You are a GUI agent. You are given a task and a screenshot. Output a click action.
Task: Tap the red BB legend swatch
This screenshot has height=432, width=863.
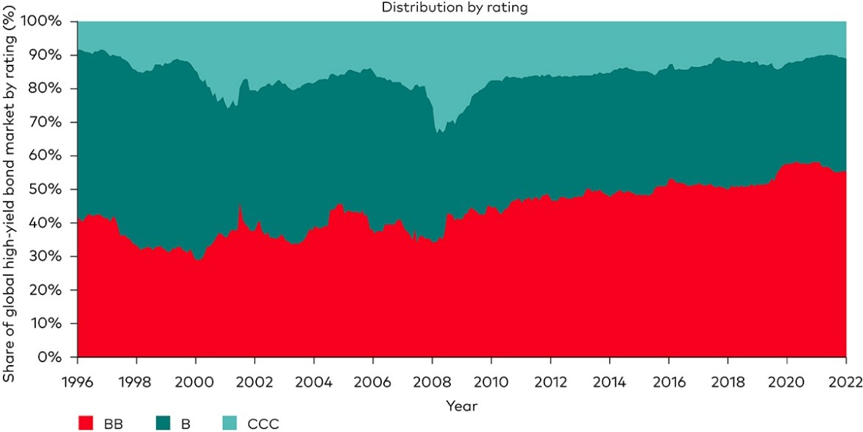click(85, 422)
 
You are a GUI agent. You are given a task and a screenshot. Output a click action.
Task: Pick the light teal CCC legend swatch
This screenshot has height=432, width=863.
click(231, 422)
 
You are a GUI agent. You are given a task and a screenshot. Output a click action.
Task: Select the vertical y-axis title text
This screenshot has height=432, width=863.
click(10, 189)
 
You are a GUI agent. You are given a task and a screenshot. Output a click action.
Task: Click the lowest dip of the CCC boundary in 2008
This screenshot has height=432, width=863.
click(438, 132)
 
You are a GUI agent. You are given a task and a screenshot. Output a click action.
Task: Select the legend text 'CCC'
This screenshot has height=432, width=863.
click(264, 422)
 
